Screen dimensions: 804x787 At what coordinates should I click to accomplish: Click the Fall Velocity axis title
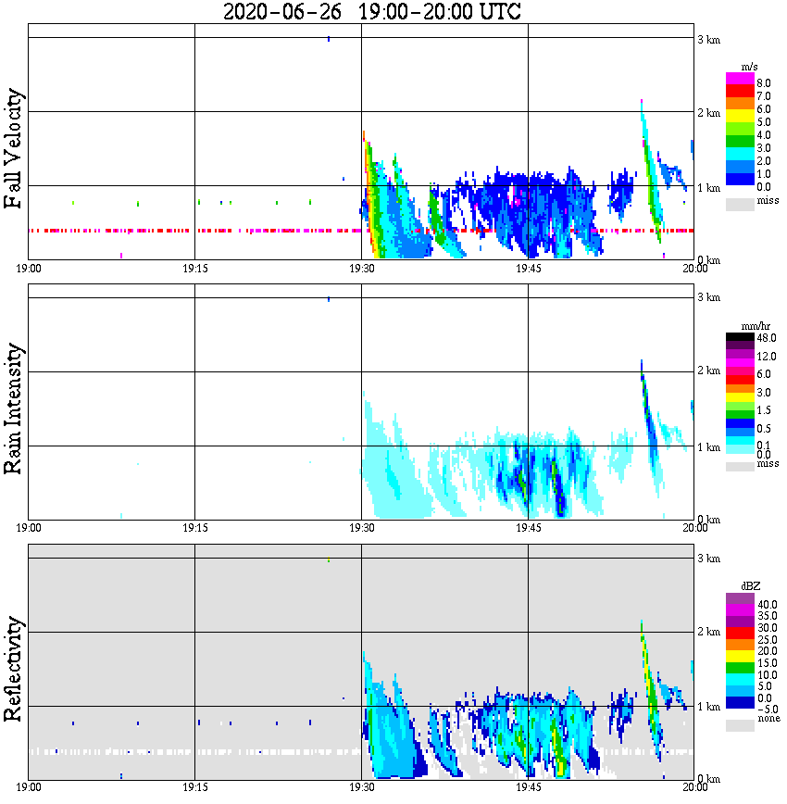point(14,149)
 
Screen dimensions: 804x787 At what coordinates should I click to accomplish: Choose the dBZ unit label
point(750,586)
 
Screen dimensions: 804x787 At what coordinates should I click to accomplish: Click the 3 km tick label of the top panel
point(708,39)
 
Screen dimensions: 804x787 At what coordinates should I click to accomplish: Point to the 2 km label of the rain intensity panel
point(708,372)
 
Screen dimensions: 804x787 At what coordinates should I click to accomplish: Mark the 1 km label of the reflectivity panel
point(708,708)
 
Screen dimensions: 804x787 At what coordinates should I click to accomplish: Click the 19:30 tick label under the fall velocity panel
point(361,269)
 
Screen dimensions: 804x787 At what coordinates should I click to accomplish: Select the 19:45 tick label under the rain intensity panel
point(528,528)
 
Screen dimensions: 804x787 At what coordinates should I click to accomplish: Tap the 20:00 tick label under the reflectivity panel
point(694,787)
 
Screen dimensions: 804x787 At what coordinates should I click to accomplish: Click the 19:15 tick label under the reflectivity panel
point(194,787)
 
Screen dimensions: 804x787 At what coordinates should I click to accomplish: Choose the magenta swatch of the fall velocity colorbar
point(740,79)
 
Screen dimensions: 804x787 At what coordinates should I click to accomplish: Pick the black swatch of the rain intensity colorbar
point(740,338)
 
